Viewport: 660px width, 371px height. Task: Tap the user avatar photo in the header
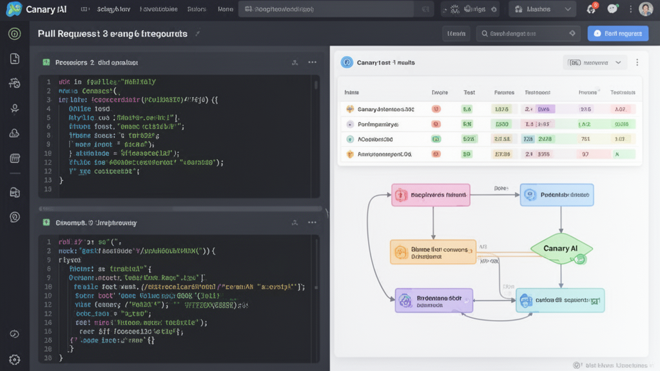coord(645,10)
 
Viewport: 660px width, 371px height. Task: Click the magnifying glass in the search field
coord(483,33)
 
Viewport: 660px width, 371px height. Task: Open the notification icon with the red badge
coord(591,10)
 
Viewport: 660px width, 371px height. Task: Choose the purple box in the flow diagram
coord(434,301)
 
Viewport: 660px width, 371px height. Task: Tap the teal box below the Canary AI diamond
coord(560,300)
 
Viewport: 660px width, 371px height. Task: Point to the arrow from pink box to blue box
coord(494,194)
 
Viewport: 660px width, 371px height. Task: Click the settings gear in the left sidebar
coord(14,359)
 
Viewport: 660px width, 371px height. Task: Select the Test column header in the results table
coord(469,93)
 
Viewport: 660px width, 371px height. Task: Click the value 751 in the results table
coord(585,139)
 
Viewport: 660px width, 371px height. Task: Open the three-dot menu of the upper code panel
coord(313,62)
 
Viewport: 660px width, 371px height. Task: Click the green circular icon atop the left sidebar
coord(14,34)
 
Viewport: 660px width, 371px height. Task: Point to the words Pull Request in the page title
coord(64,33)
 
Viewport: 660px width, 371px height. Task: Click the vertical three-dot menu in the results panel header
coord(637,62)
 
